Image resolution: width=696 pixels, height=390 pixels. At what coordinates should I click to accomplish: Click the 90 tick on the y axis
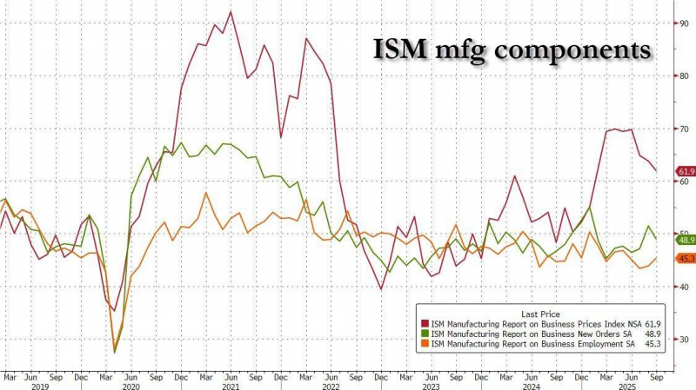(x=683, y=23)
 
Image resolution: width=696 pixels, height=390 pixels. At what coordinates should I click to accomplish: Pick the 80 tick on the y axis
(x=683, y=76)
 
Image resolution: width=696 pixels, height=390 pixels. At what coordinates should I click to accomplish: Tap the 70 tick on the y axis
(x=683, y=129)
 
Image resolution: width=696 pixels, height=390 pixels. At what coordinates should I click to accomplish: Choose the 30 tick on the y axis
(x=683, y=340)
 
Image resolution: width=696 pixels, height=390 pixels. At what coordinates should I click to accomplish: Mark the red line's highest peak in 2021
(x=230, y=11)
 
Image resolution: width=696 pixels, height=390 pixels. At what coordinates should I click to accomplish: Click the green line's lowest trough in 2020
(x=115, y=352)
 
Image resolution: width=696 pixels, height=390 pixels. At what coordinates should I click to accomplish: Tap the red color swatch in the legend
(x=425, y=322)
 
